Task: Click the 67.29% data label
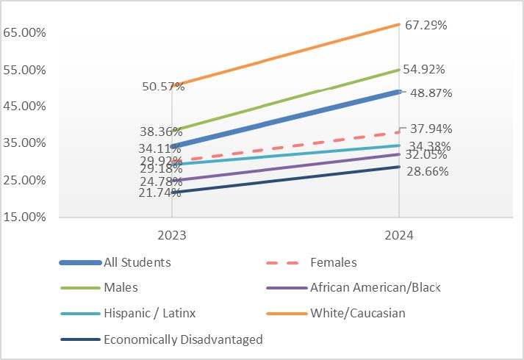tap(424, 25)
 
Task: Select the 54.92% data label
tap(424, 69)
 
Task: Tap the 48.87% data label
tap(431, 93)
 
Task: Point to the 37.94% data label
tap(431, 129)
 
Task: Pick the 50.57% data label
tap(163, 87)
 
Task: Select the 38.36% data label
tap(161, 132)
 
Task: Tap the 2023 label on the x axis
tap(171, 237)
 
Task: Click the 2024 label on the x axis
tap(398, 237)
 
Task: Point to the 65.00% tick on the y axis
tap(25, 33)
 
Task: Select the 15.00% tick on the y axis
tap(25, 217)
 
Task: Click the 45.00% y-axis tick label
tap(25, 107)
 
